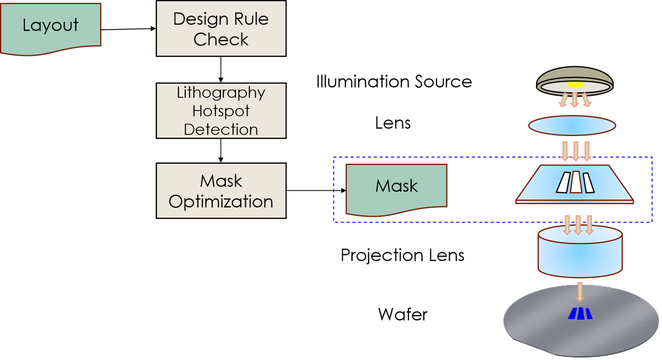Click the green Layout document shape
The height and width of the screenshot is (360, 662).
[x=51, y=27]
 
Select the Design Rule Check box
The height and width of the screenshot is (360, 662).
[x=221, y=28]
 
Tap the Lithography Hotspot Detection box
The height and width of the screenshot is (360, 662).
[x=221, y=111]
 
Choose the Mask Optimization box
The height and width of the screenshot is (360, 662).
[x=221, y=191]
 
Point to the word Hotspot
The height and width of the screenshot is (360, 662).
[x=221, y=111]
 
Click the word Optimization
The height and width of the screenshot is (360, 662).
[x=221, y=202]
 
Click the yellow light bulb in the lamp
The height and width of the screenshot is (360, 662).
[x=575, y=85]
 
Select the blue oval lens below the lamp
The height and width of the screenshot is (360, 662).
[x=572, y=126]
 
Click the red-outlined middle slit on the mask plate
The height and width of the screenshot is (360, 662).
[x=576, y=182]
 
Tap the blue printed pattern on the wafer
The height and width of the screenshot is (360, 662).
[x=580, y=314]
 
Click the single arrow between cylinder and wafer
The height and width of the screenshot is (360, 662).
[x=580, y=291]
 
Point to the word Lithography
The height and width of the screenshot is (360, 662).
[x=221, y=93]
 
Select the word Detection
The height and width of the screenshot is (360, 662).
[x=221, y=130]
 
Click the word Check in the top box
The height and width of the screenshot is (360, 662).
[x=221, y=40]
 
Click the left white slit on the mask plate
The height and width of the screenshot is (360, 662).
[x=564, y=182]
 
